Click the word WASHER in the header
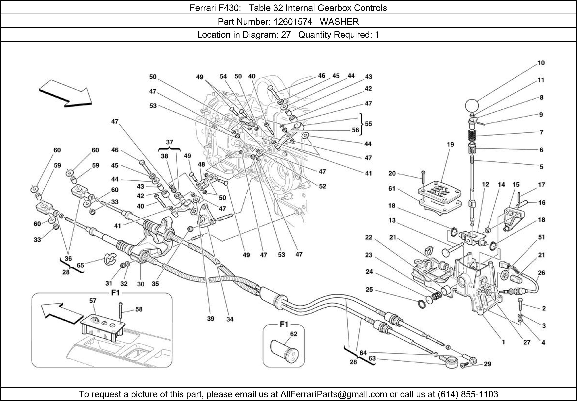339,22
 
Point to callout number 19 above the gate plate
450,144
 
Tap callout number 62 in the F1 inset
294,334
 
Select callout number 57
93,300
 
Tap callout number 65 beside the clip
80,265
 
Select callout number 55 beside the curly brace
368,124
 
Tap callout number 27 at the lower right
527,342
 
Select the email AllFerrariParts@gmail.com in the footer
334,394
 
